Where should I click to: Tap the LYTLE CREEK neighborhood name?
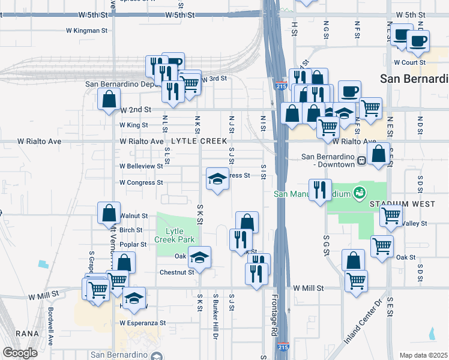(x=199, y=141)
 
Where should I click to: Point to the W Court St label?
(x=409, y=62)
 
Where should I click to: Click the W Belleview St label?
(x=141, y=166)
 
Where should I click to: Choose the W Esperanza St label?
(x=143, y=323)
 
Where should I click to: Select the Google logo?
(x=20, y=353)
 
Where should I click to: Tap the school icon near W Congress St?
(x=217, y=178)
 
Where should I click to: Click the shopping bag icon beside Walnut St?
(x=108, y=213)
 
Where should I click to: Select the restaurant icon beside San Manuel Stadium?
(x=320, y=190)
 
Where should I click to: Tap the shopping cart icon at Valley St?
(x=391, y=215)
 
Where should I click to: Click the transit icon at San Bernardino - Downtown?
(x=362, y=160)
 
